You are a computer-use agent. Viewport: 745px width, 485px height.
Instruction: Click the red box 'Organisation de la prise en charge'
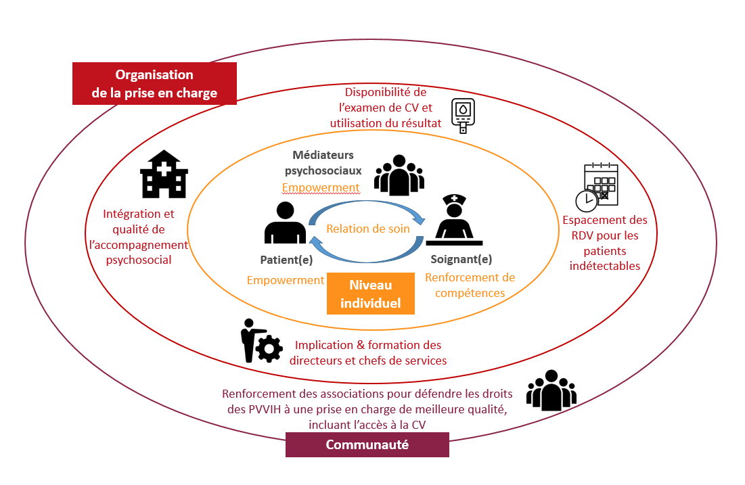point(154,84)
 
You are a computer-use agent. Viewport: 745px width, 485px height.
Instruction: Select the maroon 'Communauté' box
point(367,444)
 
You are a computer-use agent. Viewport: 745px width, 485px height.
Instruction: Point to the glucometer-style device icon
point(463,116)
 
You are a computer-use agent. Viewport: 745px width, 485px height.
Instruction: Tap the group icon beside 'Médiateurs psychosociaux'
point(399,175)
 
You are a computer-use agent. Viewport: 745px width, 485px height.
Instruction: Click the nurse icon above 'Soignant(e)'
point(454,220)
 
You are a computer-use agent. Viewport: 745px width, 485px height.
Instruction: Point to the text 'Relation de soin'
point(368,229)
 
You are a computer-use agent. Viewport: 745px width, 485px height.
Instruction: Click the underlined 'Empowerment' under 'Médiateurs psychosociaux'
point(320,187)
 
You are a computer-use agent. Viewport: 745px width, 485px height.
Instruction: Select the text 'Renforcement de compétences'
point(470,285)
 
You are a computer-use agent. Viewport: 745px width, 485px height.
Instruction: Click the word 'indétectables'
point(605,266)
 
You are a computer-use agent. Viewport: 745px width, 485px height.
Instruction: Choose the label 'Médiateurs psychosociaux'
point(323,163)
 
